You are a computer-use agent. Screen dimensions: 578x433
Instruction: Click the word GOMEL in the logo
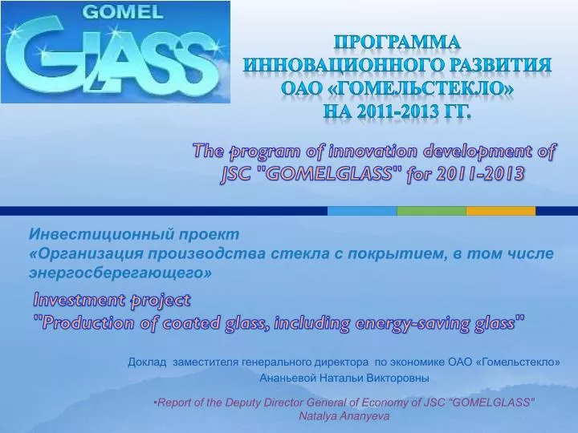123,12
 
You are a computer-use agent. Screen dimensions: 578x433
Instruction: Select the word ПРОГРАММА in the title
397,42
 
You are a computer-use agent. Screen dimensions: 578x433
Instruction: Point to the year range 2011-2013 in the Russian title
392,111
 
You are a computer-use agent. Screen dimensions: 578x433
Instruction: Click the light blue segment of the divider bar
362,211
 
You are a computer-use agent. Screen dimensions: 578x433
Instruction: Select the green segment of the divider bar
431,211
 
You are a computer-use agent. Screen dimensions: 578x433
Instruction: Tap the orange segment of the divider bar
501,211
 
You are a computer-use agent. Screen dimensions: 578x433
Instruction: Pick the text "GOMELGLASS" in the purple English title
328,173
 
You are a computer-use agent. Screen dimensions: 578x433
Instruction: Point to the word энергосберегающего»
120,273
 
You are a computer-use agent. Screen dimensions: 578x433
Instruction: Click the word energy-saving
412,323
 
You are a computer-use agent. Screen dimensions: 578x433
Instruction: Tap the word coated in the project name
190,323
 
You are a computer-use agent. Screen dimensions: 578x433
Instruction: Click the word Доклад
147,362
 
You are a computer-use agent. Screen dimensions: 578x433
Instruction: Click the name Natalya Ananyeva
344,416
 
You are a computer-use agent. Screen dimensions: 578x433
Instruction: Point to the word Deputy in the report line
243,402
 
